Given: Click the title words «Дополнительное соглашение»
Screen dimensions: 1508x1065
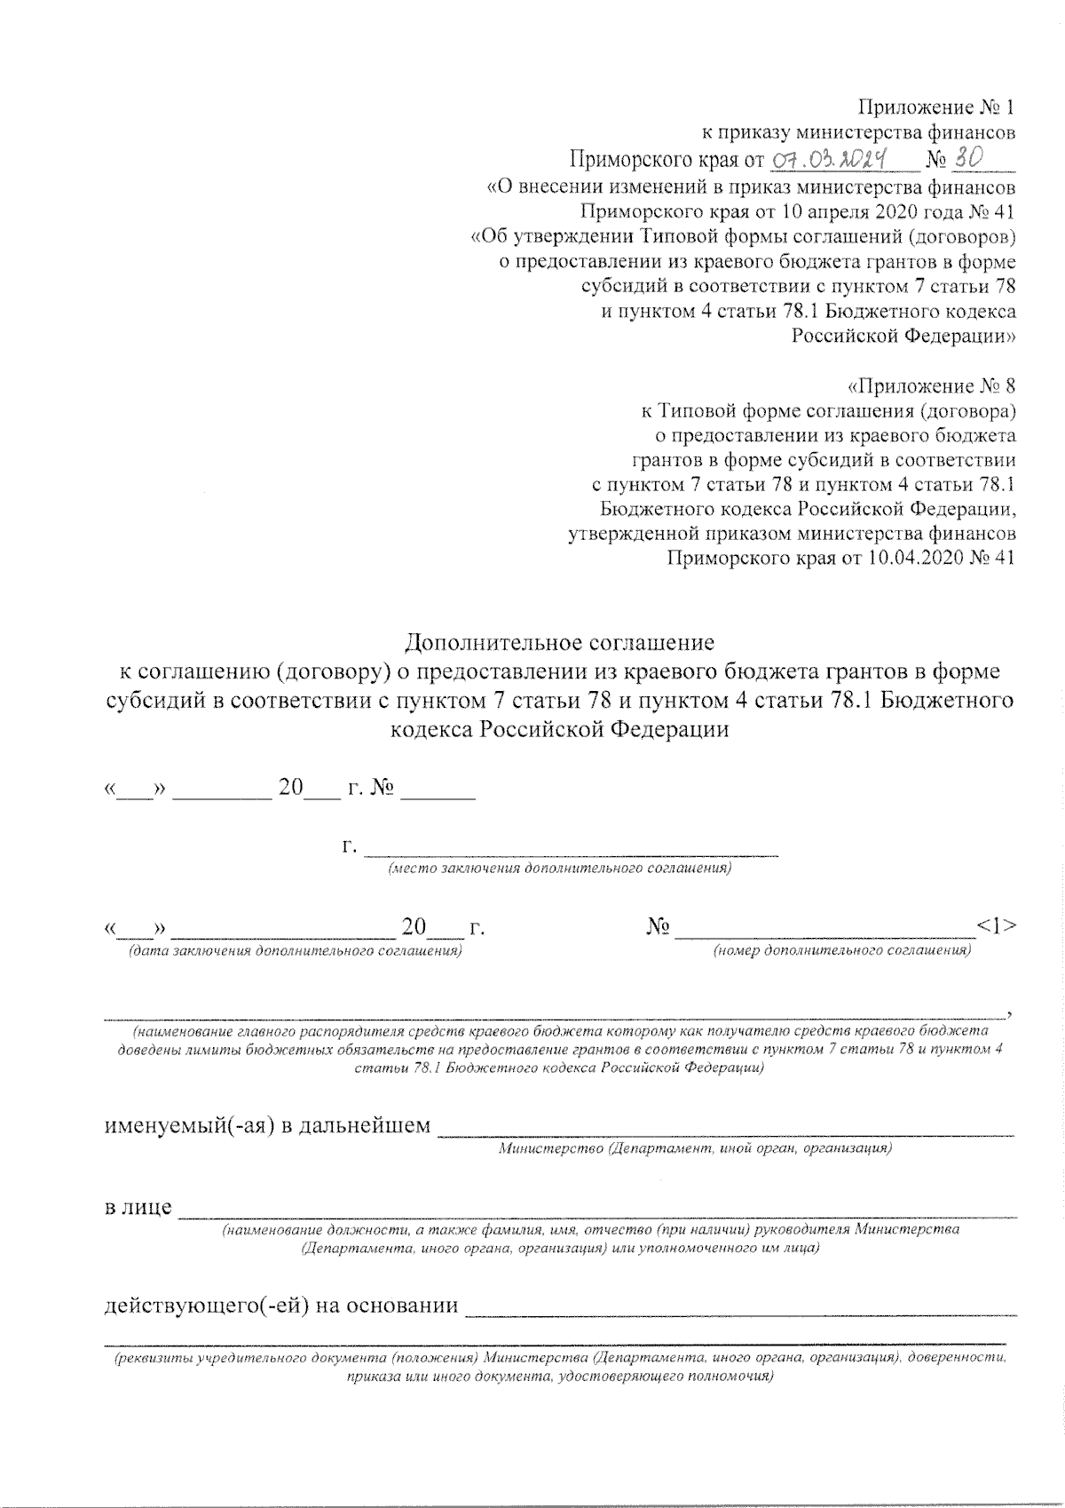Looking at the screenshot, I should pos(559,641).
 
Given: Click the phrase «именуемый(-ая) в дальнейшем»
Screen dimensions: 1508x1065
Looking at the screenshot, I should pos(268,1126).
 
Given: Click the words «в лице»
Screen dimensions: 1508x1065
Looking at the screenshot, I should pos(138,1209).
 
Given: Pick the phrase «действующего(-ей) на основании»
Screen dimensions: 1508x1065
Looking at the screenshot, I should pos(281,1306).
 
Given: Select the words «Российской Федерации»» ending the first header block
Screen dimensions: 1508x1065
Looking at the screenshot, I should pos(903,337).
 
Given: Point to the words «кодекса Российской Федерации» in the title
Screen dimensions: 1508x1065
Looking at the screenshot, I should pos(559,729).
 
